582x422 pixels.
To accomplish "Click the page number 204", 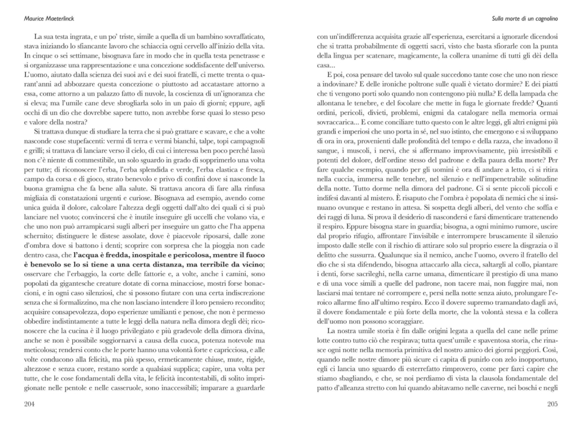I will (31, 403).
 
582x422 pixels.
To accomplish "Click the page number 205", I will (551, 403).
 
